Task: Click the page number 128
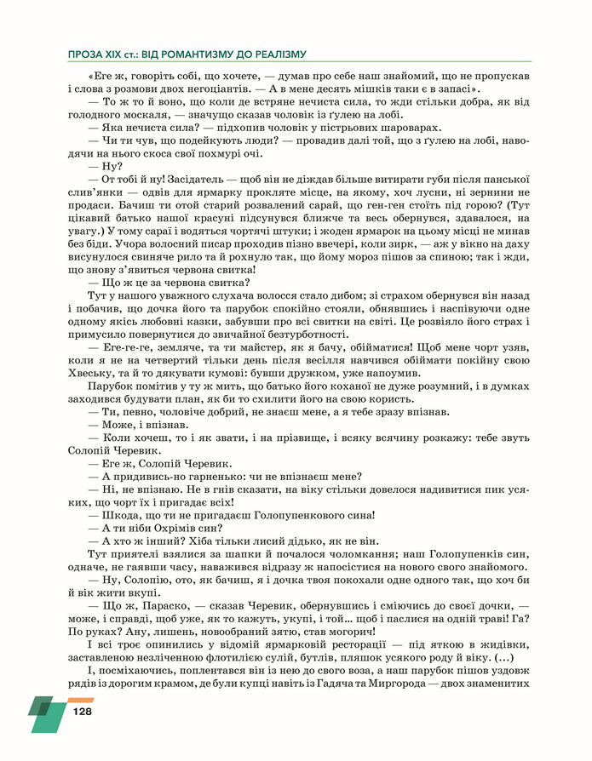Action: (x=82, y=712)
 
